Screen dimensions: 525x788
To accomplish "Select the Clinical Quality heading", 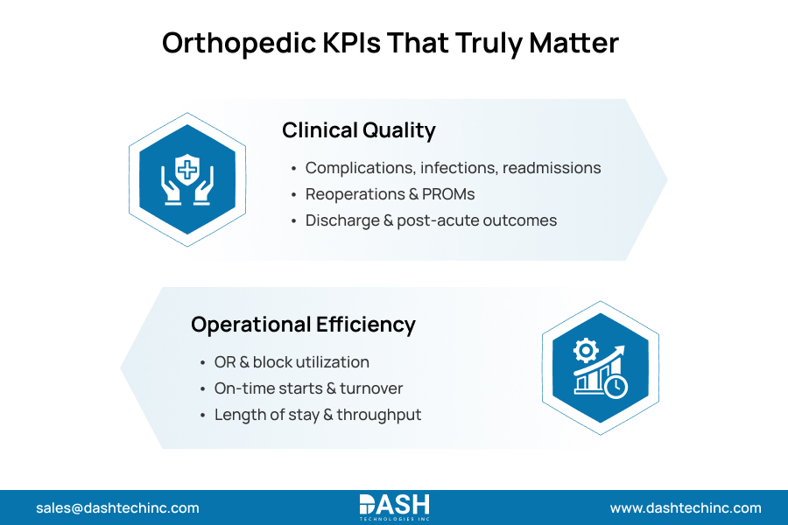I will point(358,130).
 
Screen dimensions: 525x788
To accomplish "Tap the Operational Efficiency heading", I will point(303,325).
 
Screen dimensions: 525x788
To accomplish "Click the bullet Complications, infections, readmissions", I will point(453,168).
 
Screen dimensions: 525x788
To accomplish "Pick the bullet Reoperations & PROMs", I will point(390,194).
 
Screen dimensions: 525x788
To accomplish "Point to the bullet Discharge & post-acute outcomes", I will point(431,220).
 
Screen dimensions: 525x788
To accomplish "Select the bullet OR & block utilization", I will point(292,362).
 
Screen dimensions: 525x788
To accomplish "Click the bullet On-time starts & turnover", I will point(308,388).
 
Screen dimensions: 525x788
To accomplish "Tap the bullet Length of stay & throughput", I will point(318,415).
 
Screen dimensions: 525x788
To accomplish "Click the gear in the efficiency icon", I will point(584,351).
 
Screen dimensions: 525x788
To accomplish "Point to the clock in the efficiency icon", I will point(616,386).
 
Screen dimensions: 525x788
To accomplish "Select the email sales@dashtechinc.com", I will point(117,507).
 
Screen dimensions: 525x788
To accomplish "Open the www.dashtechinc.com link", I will point(686,507).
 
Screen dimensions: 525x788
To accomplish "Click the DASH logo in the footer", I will point(394,507).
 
